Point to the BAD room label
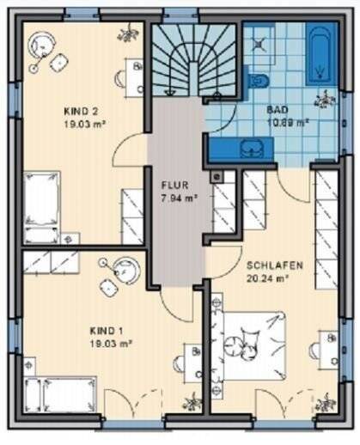[277, 110]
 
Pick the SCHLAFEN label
[269, 265]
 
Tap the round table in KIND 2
[40, 44]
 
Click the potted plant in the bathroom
[325, 101]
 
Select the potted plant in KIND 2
[128, 34]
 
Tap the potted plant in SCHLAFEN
[325, 401]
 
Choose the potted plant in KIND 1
[192, 401]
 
